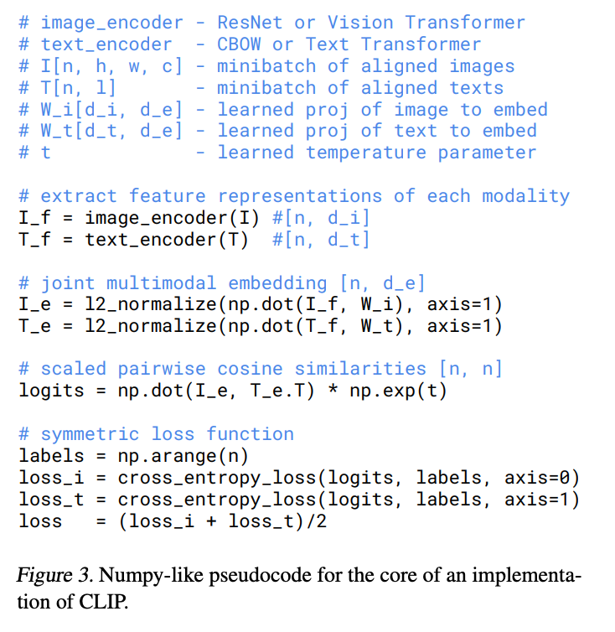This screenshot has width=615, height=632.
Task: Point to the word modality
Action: [x=525, y=196]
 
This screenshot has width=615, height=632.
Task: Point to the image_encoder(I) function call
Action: [x=156, y=218]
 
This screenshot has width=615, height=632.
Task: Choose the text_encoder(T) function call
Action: [x=156, y=240]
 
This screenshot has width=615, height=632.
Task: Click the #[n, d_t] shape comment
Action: [x=322, y=240]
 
